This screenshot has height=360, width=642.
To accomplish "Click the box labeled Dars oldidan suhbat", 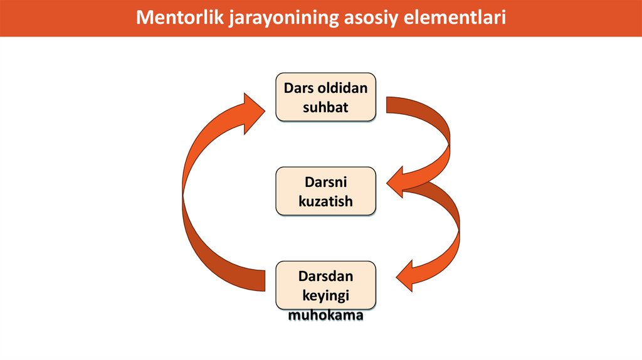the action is click(x=325, y=97).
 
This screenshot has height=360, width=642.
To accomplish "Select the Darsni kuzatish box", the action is click(x=325, y=191).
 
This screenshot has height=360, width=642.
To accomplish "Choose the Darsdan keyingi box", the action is click(x=325, y=285).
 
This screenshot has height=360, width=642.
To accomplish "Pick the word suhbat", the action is click(x=325, y=107).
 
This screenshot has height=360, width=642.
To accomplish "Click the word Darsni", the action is click(x=325, y=183).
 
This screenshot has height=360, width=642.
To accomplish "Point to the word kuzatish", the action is click(x=325, y=201).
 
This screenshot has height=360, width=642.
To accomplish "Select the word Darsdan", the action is click(x=325, y=276).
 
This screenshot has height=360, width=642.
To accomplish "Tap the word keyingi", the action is click(x=325, y=295).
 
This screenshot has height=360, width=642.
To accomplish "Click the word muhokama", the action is click(x=325, y=315).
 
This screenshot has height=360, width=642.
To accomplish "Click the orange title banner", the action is click(x=564, y=18).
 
